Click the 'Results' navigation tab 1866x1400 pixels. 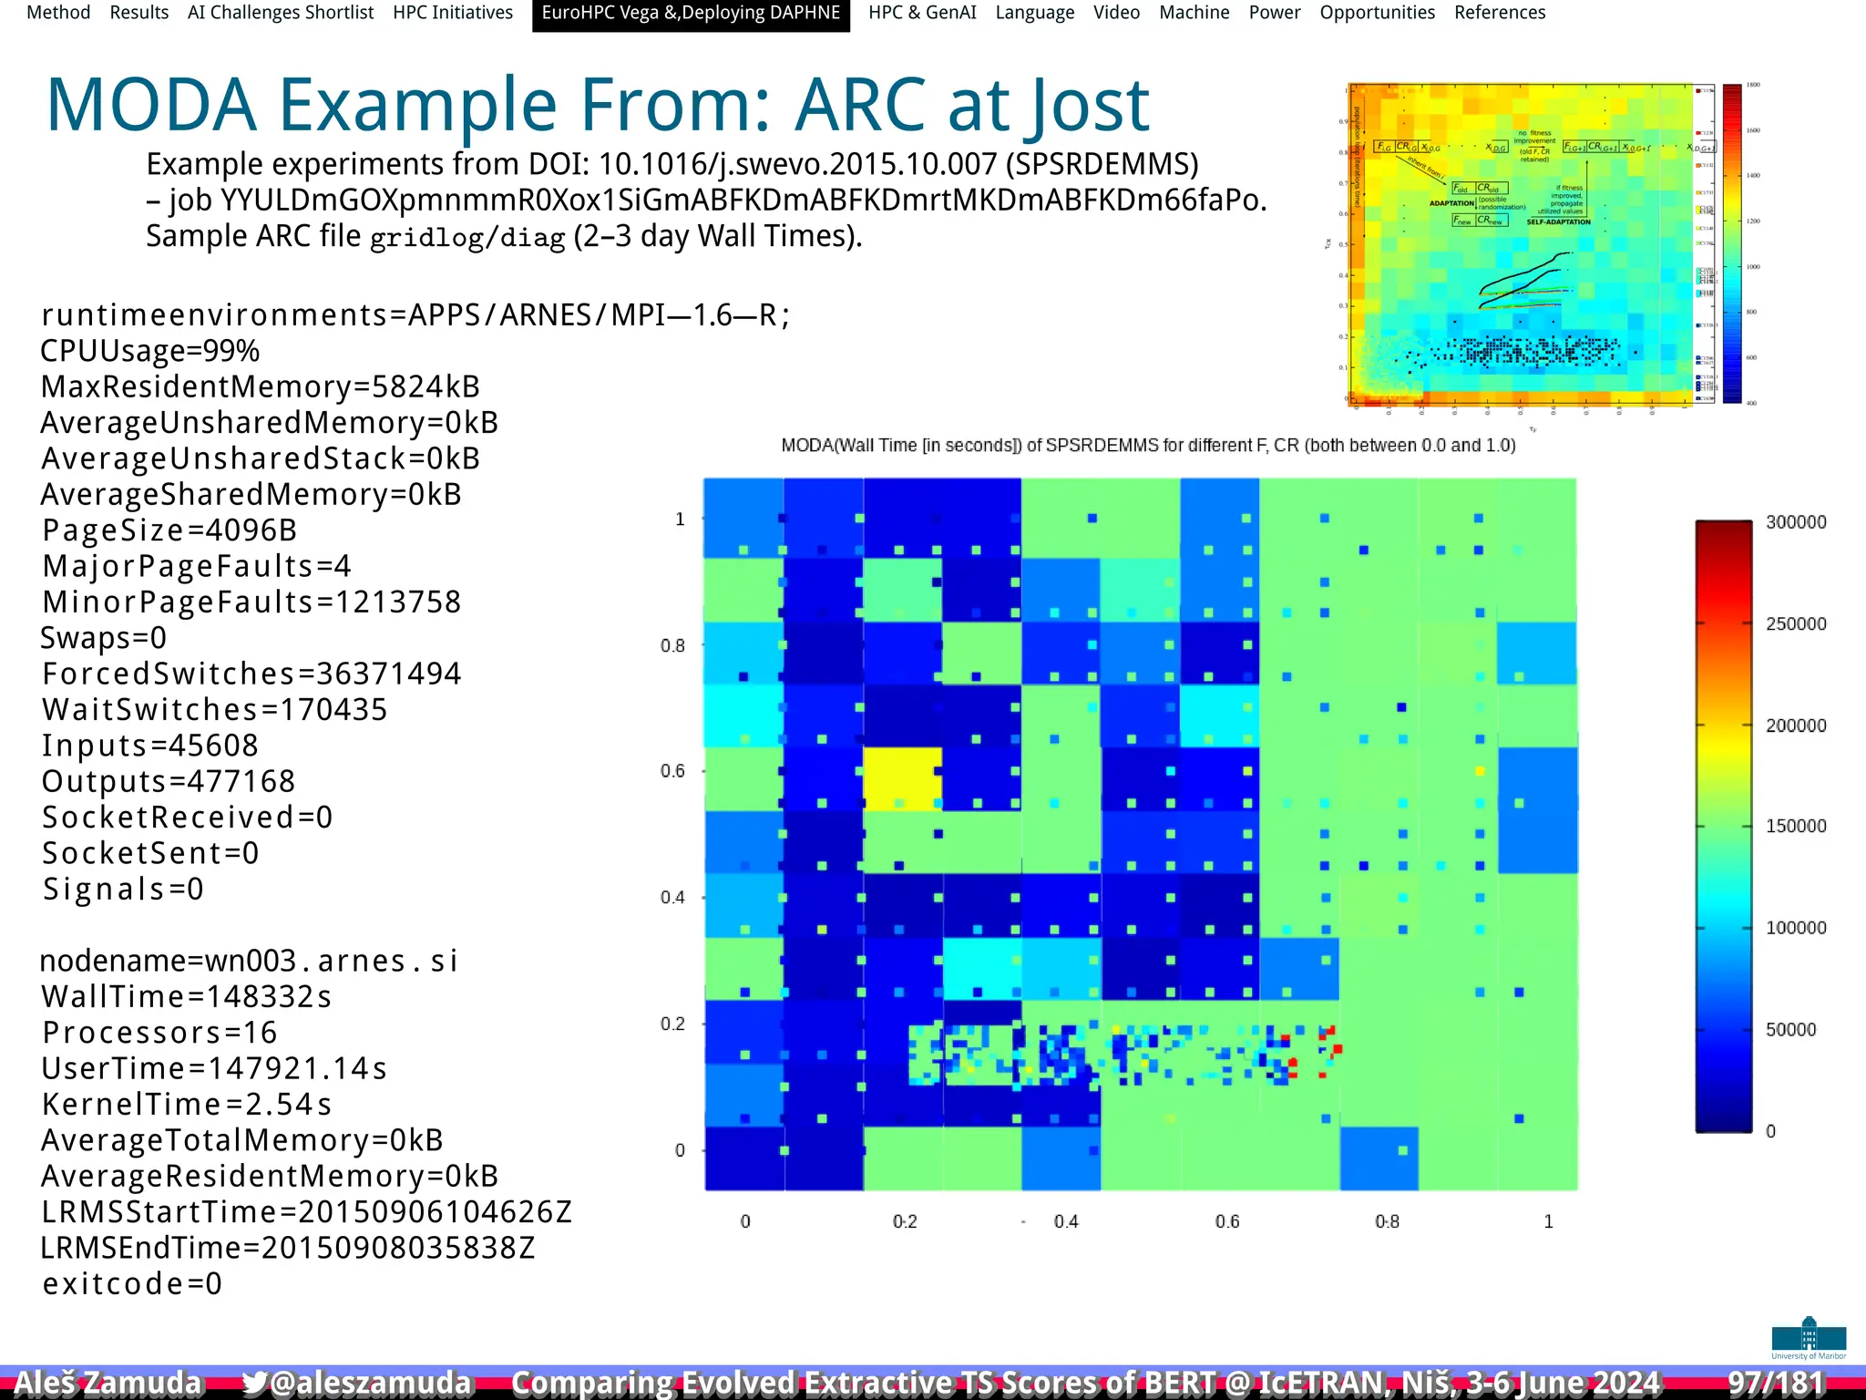click(138, 13)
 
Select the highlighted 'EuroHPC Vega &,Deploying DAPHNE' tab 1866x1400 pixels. click(691, 13)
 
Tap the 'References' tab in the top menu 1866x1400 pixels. click(1499, 13)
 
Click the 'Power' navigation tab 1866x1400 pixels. click(1274, 13)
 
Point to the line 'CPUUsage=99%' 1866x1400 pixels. click(150, 351)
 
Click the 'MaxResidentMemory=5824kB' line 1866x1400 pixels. click(261, 386)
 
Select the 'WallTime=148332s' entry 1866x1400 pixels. click(186, 996)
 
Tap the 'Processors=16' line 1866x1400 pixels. click(159, 1033)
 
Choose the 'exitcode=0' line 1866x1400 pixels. click(132, 1283)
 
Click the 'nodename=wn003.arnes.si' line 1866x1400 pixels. click(249, 961)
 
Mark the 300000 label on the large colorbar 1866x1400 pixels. click(1795, 522)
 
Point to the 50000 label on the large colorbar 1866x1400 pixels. click(1789, 1029)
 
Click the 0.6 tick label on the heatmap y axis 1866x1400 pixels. click(672, 771)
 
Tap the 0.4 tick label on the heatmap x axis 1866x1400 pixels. click(1065, 1221)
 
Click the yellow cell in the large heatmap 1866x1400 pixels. click(902, 777)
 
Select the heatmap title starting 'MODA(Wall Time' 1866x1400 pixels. click(1148, 446)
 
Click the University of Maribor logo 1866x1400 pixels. click(1809, 1337)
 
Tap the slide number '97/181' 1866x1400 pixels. click(1776, 1383)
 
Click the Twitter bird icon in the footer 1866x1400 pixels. click(254, 1383)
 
